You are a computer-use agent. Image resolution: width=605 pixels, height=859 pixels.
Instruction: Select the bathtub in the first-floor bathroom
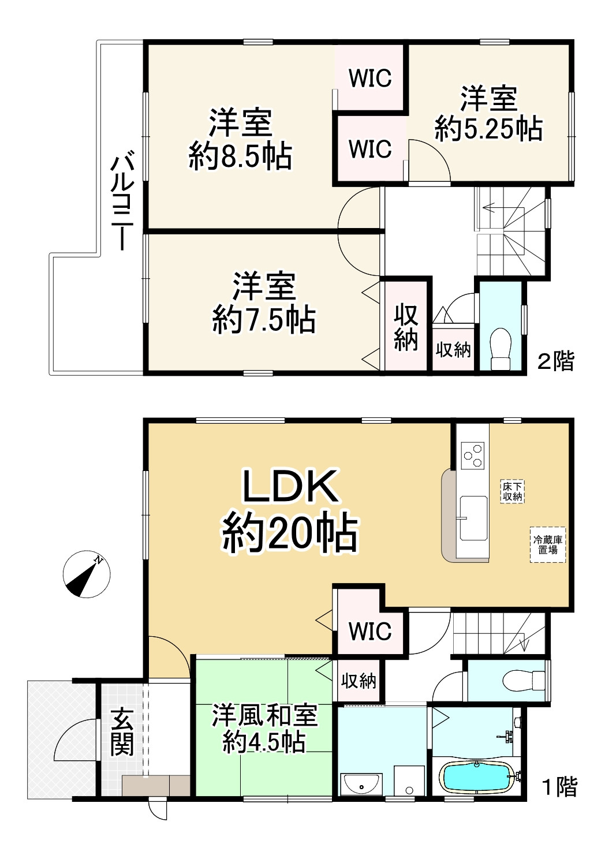click(x=476, y=778)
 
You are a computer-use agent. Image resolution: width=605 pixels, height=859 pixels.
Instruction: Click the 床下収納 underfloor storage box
click(x=512, y=491)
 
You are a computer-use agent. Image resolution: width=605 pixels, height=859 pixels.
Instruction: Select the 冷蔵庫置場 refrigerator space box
click(x=548, y=544)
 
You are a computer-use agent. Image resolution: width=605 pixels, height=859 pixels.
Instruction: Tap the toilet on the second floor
click(x=501, y=347)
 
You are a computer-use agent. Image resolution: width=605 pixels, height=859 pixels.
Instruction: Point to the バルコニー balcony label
click(x=123, y=200)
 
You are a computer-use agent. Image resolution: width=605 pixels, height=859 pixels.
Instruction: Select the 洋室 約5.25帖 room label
click(x=488, y=114)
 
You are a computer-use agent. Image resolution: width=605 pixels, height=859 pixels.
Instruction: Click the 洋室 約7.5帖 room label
click(x=264, y=302)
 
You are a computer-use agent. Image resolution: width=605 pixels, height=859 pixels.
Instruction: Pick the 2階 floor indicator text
click(x=556, y=361)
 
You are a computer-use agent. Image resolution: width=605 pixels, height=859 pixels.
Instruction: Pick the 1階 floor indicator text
click(x=559, y=786)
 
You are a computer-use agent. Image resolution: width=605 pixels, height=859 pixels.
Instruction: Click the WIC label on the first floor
click(x=370, y=631)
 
